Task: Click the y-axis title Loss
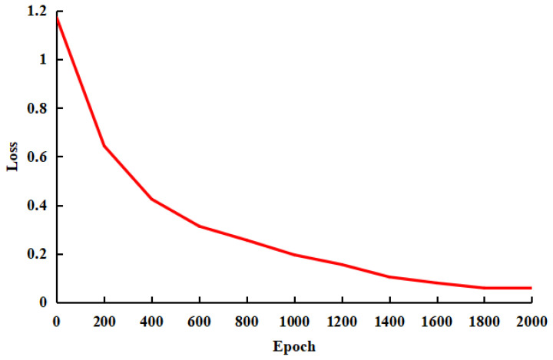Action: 13,157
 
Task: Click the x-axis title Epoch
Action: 293,345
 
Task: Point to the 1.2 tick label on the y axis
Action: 35,11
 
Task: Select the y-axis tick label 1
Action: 42,59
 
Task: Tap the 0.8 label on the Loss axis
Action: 35,108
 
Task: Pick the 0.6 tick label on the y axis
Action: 35,157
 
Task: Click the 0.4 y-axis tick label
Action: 35,206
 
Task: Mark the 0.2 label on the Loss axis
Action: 35,254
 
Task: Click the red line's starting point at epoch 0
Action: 57,18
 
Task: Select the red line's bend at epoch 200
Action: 104,146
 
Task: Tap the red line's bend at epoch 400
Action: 151,199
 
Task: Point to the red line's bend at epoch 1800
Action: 484,288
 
